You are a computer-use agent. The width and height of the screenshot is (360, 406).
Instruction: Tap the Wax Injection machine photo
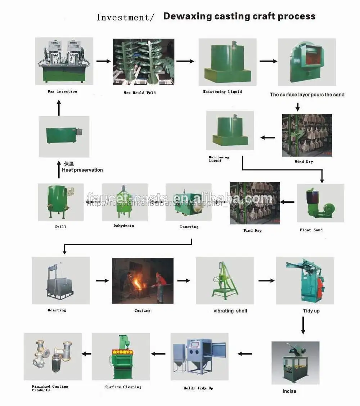pyautogui.click(x=64, y=61)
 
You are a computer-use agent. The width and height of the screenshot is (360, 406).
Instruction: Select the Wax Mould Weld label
pyautogui.click(x=140, y=93)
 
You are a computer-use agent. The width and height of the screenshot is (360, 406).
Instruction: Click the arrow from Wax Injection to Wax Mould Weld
pyautogui.click(x=103, y=61)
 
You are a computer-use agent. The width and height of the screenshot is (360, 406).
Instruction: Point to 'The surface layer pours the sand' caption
pyautogui.click(x=307, y=95)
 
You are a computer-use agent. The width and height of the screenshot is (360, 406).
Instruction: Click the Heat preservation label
pyautogui.click(x=82, y=170)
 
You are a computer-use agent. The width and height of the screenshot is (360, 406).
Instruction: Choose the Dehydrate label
pyautogui.click(x=123, y=226)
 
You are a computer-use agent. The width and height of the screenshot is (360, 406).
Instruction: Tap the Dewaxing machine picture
pyautogui.click(x=188, y=202)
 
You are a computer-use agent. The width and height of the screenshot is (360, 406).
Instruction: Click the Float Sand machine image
pyautogui.click(x=320, y=203)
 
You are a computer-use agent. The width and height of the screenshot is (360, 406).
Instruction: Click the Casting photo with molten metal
pyautogui.click(x=143, y=280)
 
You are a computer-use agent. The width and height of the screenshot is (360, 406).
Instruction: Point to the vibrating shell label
pyautogui.click(x=230, y=311)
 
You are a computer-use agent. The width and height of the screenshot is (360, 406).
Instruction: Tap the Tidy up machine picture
pyautogui.click(x=305, y=280)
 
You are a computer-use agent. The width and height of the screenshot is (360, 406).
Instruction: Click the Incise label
pyautogui.click(x=289, y=391)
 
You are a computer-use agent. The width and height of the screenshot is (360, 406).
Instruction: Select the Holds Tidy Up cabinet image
pyautogui.click(x=199, y=356)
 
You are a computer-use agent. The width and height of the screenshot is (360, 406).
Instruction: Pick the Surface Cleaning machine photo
pyautogui.click(x=121, y=356)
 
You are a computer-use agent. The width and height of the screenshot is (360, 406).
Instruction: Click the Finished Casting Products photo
pyautogui.click(x=53, y=356)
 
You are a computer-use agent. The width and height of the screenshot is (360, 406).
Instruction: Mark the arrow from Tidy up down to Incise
pyautogui.click(x=303, y=326)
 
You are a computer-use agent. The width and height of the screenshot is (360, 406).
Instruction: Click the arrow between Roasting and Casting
pyautogui.click(x=102, y=280)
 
